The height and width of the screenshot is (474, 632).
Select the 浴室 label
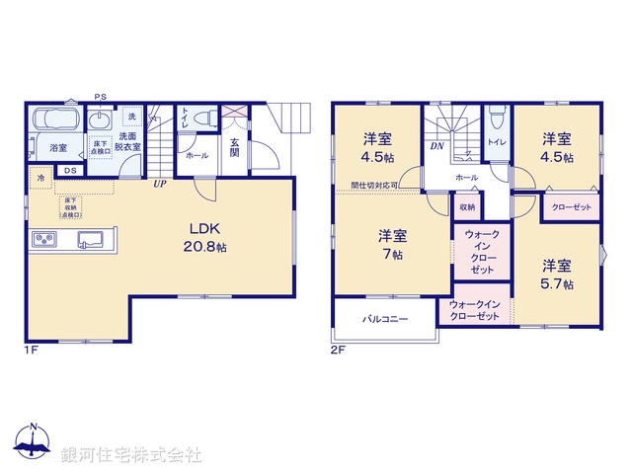click(x=58, y=148)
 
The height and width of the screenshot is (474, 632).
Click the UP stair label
click(x=158, y=183)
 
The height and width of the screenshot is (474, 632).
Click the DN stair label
click(x=436, y=147)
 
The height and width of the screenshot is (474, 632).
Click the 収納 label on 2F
click(x=467, y=207)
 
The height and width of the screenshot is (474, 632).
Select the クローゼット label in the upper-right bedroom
click(x=571, y=207)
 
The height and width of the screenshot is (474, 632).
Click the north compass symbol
click(x=33, y=444)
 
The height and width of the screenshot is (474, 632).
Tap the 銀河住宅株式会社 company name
click(x=131, y=455)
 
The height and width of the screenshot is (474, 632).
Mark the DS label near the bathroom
click(x=68, y=171)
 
